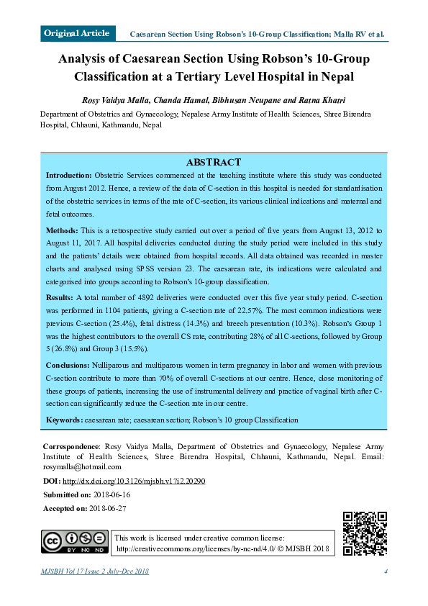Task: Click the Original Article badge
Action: point(77,33)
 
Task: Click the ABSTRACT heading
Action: point(214,163)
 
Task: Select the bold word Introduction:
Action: point(69,176)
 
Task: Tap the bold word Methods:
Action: point(62,230)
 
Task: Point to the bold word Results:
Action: point(60,297)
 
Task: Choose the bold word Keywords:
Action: point(64,420)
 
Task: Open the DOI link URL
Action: point(134,481)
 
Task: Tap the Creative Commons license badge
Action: point(75,543)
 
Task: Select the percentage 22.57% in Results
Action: point(228,309)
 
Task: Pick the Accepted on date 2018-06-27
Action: point(108,508)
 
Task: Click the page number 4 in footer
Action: point(386,572)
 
